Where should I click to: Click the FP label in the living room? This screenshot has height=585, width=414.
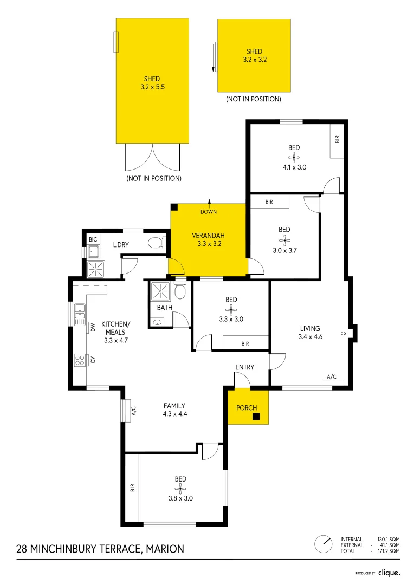343,334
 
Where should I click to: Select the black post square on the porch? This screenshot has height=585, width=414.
256,416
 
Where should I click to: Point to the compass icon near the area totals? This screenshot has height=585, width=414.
324,543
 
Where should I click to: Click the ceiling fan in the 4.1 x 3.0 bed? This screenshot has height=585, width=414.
294,157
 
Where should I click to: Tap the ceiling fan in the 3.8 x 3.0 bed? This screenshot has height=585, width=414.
180,489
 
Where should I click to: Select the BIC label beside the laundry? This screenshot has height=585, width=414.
93,238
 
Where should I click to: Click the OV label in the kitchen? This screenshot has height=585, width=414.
93,359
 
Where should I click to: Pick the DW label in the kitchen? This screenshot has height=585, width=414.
93,327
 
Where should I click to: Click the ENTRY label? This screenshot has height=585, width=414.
244,367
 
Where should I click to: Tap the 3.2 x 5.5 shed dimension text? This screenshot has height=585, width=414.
152,87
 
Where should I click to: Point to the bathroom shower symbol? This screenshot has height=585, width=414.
160,291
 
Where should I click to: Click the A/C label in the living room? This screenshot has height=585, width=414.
332,376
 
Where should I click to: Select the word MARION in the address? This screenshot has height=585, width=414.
166,549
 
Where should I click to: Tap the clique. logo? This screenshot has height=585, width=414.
389,573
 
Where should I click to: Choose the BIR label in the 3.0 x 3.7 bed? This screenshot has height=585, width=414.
269,201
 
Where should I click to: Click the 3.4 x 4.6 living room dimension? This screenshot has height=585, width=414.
310,337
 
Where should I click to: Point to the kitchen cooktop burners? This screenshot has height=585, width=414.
80,360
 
